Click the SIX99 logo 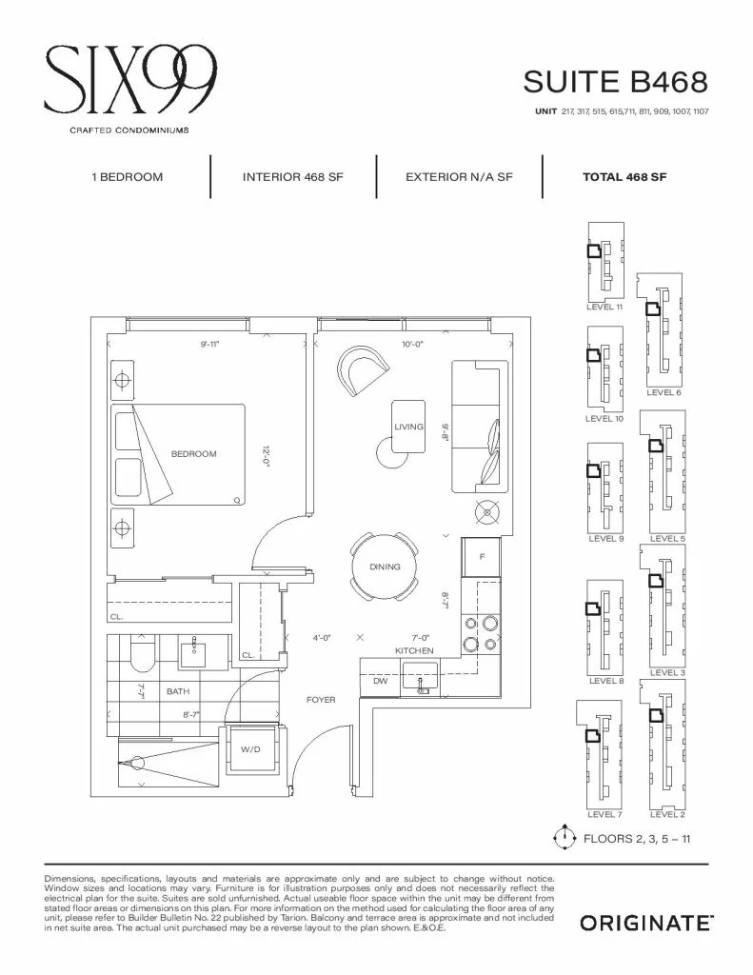pyautogui.click(x=130, y=80)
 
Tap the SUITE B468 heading pyautogui.click(x=616, y=82)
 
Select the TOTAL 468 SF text pyautogui.click(x=624, y=177)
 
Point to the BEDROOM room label pyautogui.click(x=194, y=454)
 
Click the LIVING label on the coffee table pyautogui.click(x=408, y=427)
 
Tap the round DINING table pyautogui.click(x=385, y=567)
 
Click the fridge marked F pyautogui.click(x=482, y=557)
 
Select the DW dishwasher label pyautogui.click(x=381, y=681)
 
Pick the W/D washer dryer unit pyautogui.click(x=250, y=750)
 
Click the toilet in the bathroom pyautogui.click(x=143, y=654)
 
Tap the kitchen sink pyautogui.click(x=421, y=678)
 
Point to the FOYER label pyautogui.click(x=321, y=700)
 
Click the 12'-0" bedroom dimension pyautogui.click(x=267, y=457)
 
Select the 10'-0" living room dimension pyautogui.click(x=412, y=344)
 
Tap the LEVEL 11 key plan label pyautogui.click(x=604, y=308)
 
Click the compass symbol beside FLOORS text pyautogui.click(x=564, y=838)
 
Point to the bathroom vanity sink pyautogui.click(x=196, y=651)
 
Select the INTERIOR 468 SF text pyautogui.click(x=293, y=177)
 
